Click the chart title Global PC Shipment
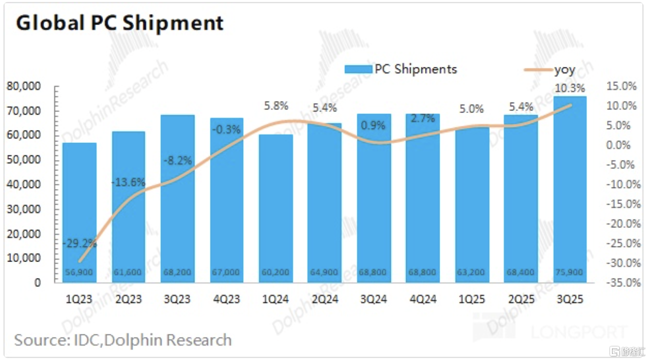[x=120, y=23]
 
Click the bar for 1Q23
[x=79, y=212]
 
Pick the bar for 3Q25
[x=569, y=190]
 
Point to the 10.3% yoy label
[x=569, y=88]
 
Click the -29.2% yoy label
[x=79, y=244]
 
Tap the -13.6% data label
[x=128, y=182]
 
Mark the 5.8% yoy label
[x=276, y=106]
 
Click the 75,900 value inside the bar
[x=569, y=273]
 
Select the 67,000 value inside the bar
[x=226, y=273]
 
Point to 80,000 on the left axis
[x=24, y=86]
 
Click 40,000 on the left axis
[x=24, y=184]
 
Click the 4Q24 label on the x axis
[x=422, y=299]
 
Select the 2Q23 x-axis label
[x=128, y=299]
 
